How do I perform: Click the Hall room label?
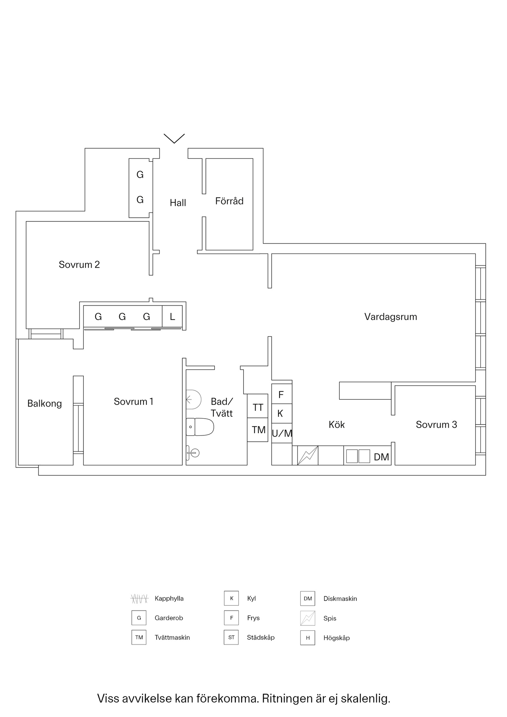pos(178,203)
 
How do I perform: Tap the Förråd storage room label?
pos(229,201)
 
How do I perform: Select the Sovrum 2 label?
pos(79,264)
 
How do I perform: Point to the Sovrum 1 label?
pos(133,401)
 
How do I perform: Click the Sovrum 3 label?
pos(436,425)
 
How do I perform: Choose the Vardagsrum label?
pos(390,317)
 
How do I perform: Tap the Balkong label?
pos(44,403)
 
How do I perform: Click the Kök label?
pos(336,425)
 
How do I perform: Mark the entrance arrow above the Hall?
pos(174,138)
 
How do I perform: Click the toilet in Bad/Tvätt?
pos(200,427)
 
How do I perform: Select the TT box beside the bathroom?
pos(258,407)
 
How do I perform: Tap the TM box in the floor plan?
pos(258,430)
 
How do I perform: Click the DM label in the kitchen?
pos(381,457)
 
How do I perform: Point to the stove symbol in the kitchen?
pos(307,455)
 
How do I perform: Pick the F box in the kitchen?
pos(281,394)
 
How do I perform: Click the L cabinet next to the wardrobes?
pos(172,317)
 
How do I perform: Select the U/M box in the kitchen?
pos(282,434)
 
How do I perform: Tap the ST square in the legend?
pos(231,637)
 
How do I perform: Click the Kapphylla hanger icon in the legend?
pos(139,599)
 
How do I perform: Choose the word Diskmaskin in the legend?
pos(340,599)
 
